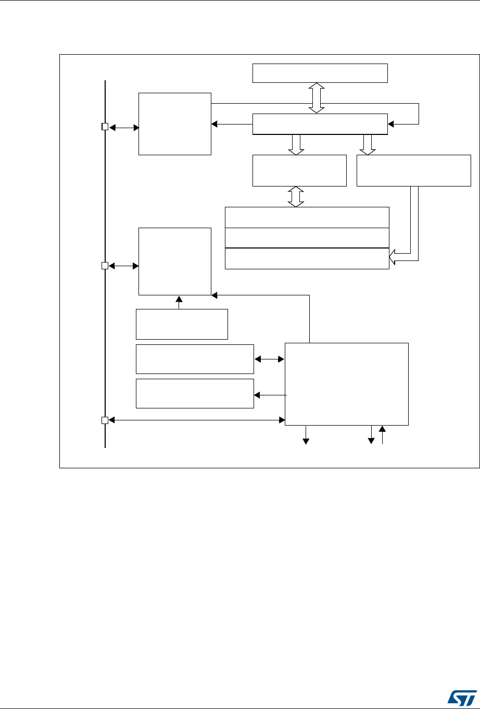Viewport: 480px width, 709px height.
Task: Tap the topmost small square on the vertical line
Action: (x=105, y=127)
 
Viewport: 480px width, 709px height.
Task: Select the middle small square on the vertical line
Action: (x=105, y=266)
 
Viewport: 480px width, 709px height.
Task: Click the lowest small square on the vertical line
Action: (x=105, y=420)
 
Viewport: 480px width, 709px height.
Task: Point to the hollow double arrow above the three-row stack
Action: (x=296, y=196)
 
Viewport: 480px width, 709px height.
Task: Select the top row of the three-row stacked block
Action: (x=307, y=217)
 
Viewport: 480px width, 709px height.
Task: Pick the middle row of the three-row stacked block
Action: (x=307, y=238)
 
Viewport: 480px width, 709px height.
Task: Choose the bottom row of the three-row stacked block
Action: (x=307, y=258)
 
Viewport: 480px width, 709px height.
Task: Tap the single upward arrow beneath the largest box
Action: (x=383, y=435)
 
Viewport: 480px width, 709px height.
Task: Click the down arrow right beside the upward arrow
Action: (x=371, y=435)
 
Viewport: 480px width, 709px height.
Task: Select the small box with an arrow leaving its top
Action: (x=182, y=324)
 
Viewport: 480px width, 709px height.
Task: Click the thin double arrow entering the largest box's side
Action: (x=269, y=358)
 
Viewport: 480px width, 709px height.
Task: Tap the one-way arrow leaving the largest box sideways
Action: (x=269, y=395)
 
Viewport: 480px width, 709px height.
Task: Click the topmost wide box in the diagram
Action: (x=320, y=73)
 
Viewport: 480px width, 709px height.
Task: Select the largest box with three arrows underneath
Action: (x=347, y=384)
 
